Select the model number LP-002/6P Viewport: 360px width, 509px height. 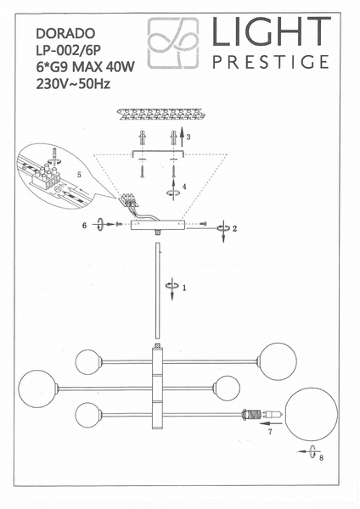coord(70,50)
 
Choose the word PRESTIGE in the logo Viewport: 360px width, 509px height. coord(269,61)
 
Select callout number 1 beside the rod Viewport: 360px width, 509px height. coord(184,288)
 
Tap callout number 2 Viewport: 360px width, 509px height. coord(235,228)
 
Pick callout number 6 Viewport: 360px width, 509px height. coord(85,226)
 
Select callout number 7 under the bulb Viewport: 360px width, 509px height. coord(270,433)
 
